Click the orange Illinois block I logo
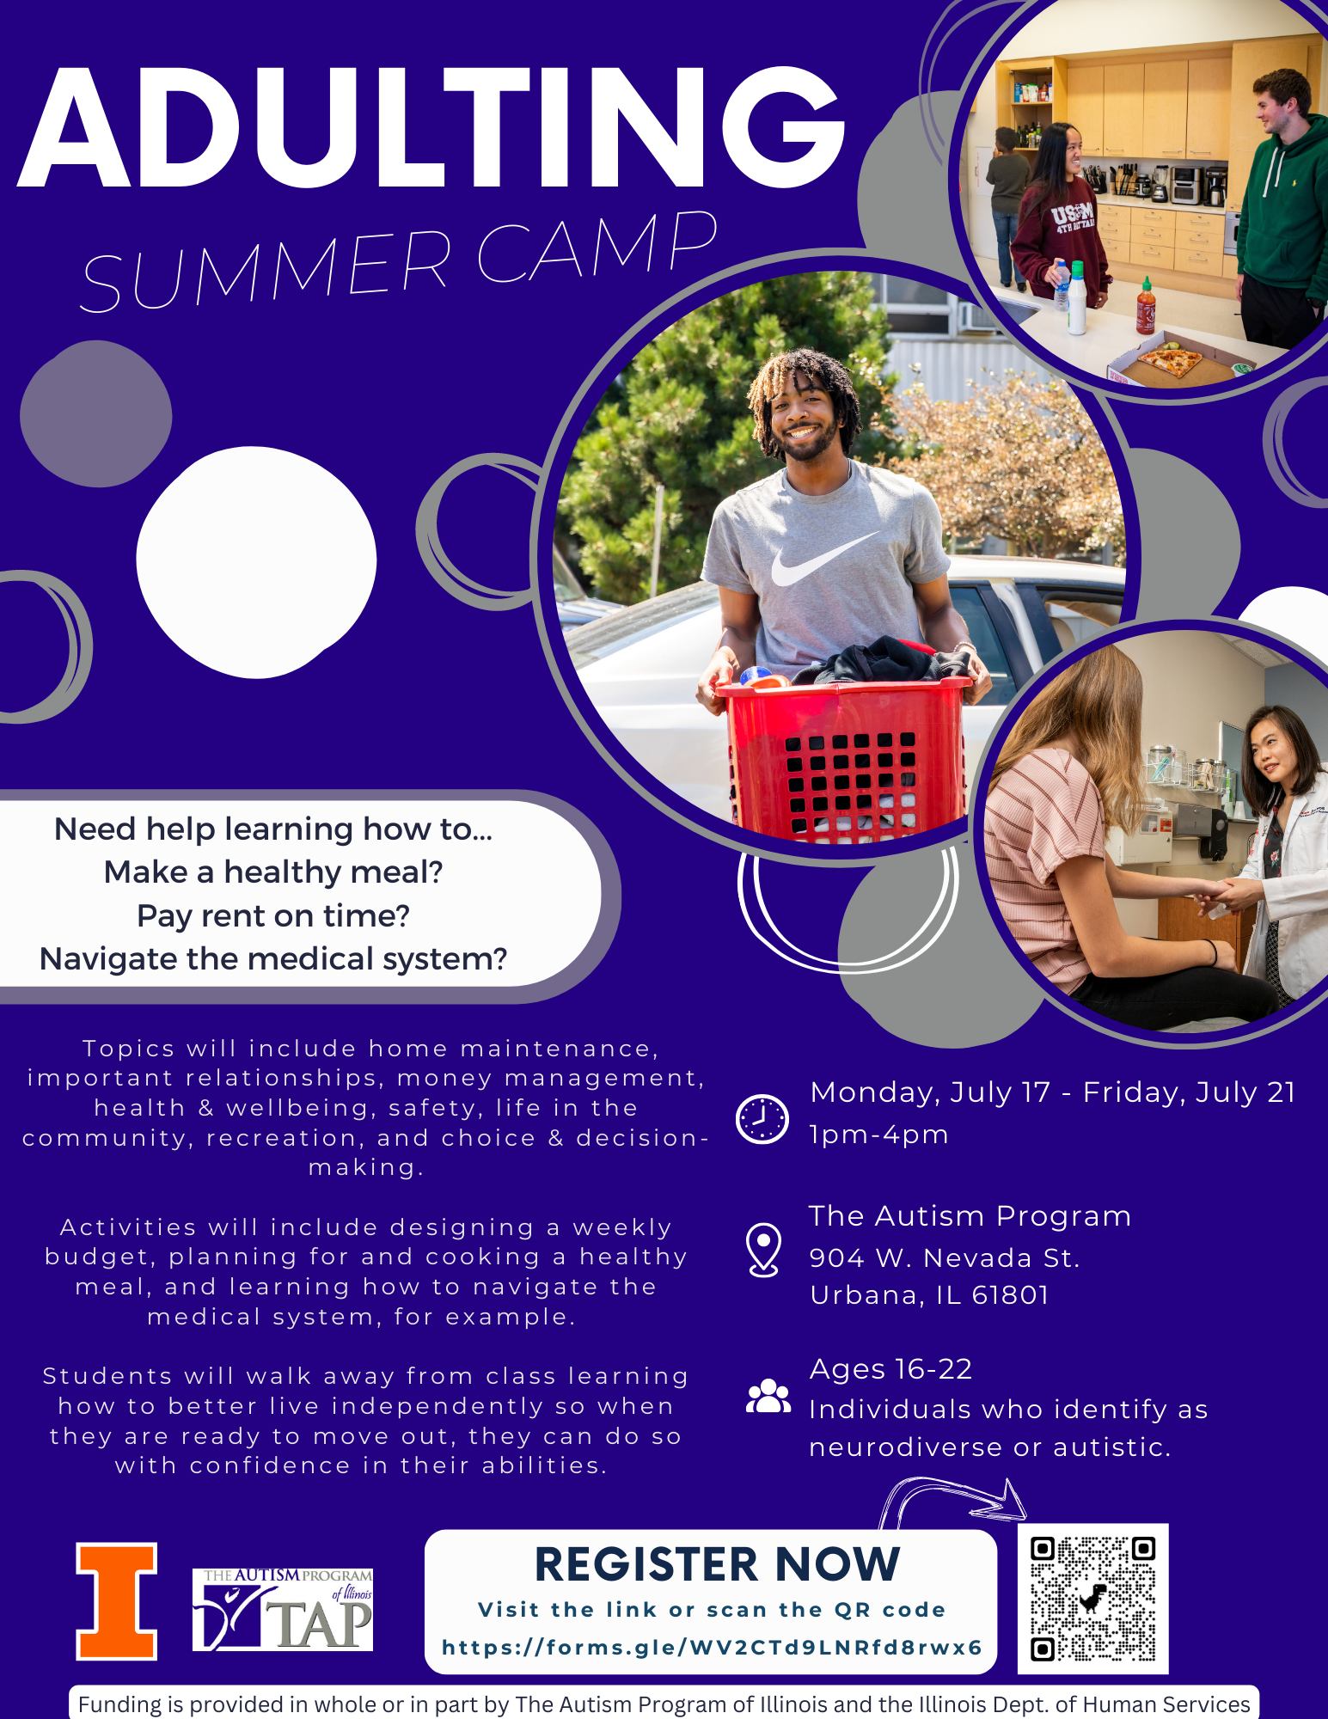pyautogui.click(x=117, y=1601)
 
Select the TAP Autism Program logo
pyautogui.click(x=283, y=1609)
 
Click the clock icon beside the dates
pyautogui.click(x=762, y=1119)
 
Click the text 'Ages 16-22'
pyautogui.click(x=890, y=1368)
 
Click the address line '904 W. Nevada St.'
pyautogui.click(x=945, y=1257)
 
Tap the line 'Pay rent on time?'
pyautogui.click(x=272, y=915)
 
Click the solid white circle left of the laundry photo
pyautogui.click(x=256, y=561)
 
